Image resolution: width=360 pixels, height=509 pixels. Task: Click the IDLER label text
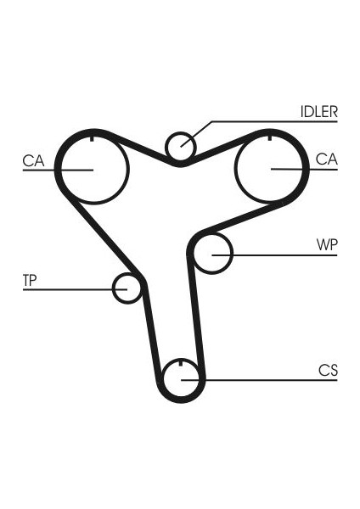[318, 112]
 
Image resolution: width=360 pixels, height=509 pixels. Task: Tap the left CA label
[33, 160]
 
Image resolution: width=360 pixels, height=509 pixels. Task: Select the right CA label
[327, 159]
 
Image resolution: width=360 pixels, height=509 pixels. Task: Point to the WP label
[327, 245]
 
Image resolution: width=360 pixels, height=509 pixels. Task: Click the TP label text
[30, 280]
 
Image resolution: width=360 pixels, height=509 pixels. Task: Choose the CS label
[328, 370]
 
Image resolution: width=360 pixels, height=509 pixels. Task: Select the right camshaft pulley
[234, 168]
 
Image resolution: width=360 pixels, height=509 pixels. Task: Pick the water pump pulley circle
[233, 254]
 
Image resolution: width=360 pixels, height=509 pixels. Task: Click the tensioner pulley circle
[113, 288]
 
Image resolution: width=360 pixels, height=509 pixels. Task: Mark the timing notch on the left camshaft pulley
[92, 138]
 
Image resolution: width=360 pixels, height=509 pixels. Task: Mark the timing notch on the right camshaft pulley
[270, 137]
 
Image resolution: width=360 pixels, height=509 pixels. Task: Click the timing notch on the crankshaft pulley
[181, 362]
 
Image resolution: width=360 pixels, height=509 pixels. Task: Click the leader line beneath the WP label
[274, 255]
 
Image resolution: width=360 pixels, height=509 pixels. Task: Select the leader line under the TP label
[75, 289]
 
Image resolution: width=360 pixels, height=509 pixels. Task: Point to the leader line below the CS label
[259, 380]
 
